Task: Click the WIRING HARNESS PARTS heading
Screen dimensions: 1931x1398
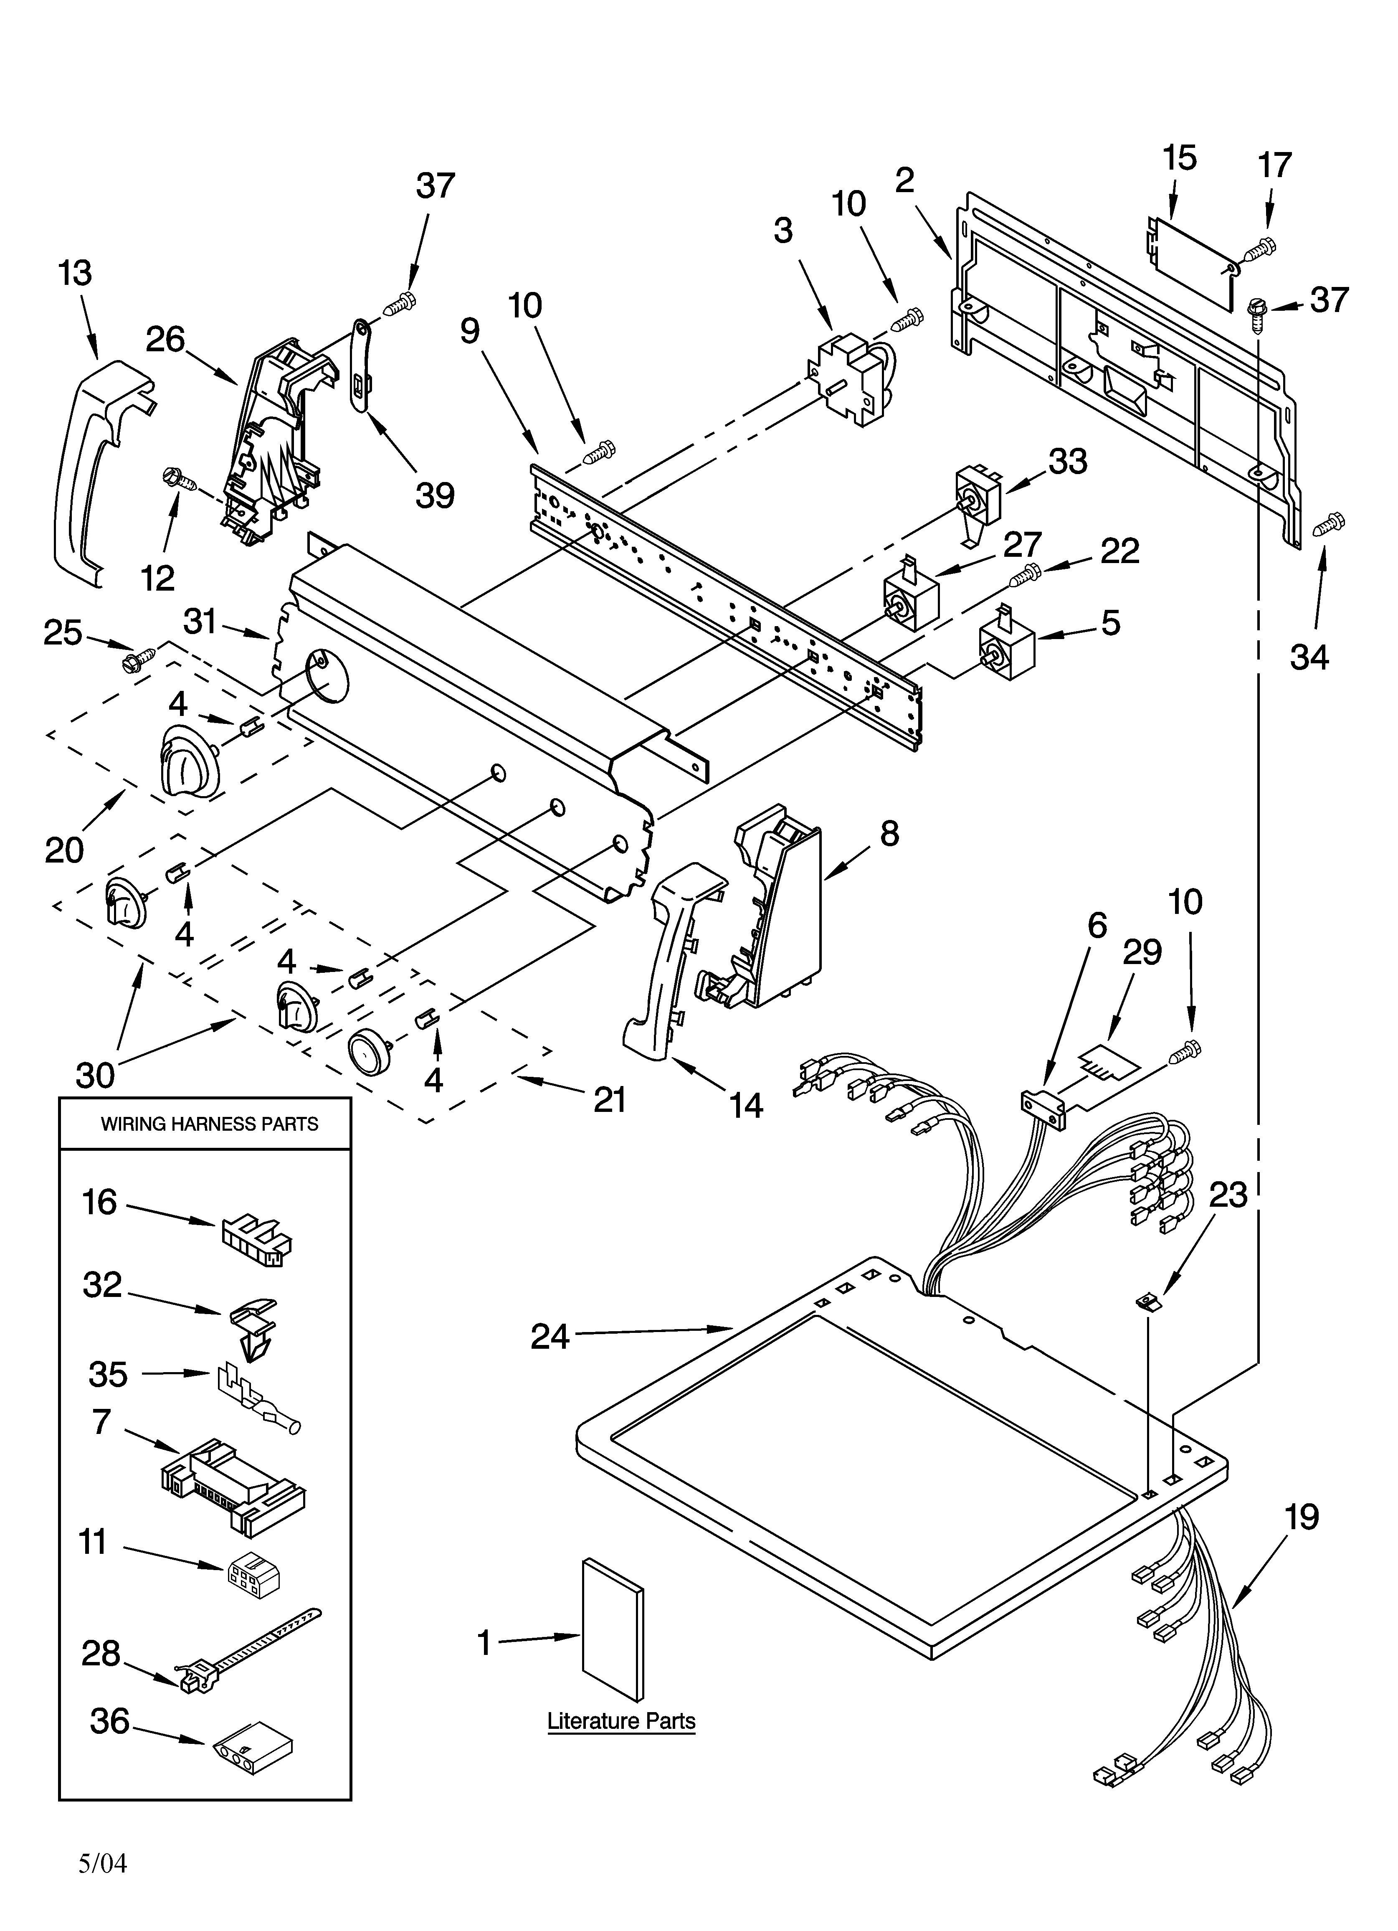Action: point(210,1124)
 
